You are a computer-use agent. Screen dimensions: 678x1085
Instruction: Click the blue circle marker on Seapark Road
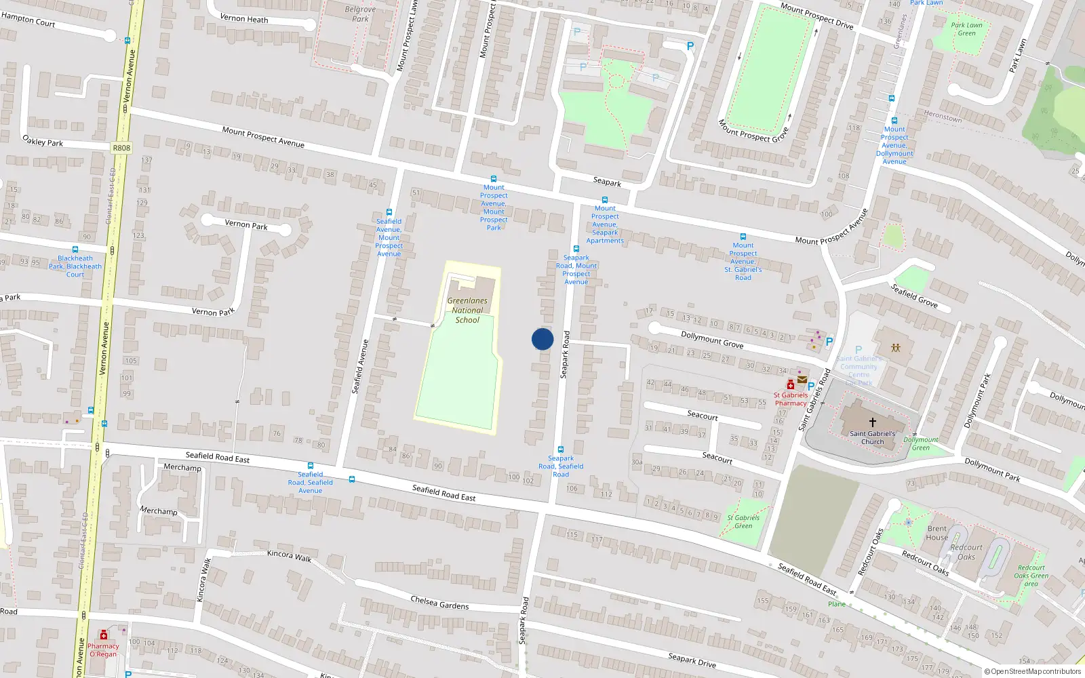(x=542, y=339)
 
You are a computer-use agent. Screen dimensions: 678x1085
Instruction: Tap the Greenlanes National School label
(x=467, y=310)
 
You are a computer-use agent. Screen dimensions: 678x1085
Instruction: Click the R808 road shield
(x=121, y=148)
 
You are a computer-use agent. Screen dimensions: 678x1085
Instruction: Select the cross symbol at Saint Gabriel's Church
(x=873, y=422)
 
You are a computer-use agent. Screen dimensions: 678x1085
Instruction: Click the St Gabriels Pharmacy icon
(x=791, y=385)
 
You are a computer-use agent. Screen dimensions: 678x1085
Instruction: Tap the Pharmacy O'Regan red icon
(x=103, y=635)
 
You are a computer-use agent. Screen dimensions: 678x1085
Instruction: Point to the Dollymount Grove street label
(x=712, y=340)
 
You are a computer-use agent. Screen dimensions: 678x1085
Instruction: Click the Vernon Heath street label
(x=244, y=19)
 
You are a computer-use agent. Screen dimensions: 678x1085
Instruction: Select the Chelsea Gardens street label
(x=439, y=602)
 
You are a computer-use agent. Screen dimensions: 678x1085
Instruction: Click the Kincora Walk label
(x=289, y=555)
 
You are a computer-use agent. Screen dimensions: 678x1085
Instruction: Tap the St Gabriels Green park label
(x=743, y=521)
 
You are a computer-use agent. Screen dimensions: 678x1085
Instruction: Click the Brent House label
(x=937, y=533)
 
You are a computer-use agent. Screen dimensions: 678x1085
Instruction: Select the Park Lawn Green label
(x=966, y=29)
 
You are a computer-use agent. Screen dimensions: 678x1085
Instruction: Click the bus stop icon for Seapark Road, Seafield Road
(x=561, y=450)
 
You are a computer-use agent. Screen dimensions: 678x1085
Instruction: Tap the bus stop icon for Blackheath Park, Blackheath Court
(x=75, y=250)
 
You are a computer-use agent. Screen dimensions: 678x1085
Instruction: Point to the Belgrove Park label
(x=360, y=14)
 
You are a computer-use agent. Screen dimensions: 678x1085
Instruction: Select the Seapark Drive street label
(x=692, y=660)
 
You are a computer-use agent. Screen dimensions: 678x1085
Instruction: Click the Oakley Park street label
(x=43, y=141)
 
